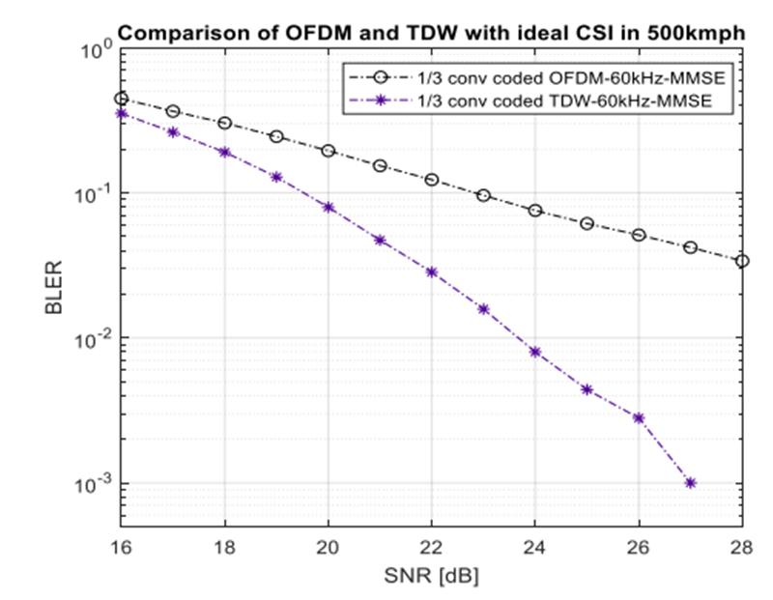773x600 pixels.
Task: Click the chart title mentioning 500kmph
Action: [x=431, y=33]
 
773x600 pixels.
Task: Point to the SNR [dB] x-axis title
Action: [x=431, y=577]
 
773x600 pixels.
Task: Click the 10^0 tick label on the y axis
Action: [x=93, y=51]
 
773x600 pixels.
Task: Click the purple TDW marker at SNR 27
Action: [x=690, y=483]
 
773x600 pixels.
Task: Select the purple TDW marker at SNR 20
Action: [x=328, y=207]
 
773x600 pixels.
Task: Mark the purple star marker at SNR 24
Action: [x=534, y=352]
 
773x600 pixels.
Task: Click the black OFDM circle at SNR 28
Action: [x=742, y=261]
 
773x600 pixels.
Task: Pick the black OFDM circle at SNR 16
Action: [x=121, y=99]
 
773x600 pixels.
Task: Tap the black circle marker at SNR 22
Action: [x=431, y=180]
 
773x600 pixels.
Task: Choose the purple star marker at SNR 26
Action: [x=638, y=418]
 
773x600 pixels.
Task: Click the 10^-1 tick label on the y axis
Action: [x=91, y=195]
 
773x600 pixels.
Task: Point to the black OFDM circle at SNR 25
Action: [x=587, y=223]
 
